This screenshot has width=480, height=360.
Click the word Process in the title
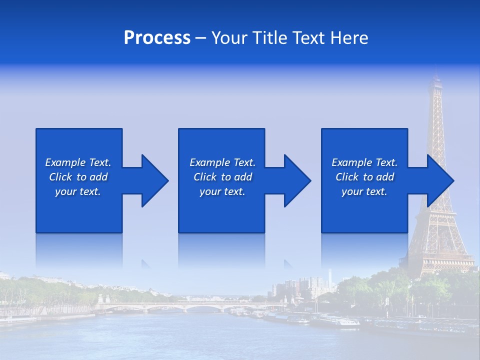point(157,38)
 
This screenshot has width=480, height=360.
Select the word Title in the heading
point(268,38)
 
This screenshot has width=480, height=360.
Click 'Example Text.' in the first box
point(78,162)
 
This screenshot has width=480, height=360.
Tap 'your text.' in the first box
point(78,191)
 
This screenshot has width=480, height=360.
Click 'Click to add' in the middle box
point(222,177)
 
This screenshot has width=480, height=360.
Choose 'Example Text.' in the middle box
point(222,162)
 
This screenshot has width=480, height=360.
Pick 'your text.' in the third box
point(364,191)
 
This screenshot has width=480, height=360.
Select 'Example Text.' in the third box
point(364,162)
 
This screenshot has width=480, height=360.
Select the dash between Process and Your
point(201,38)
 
